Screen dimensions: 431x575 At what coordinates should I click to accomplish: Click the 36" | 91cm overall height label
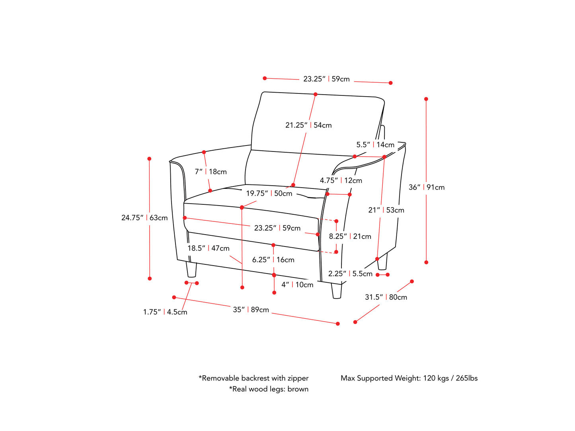tap(427, 187)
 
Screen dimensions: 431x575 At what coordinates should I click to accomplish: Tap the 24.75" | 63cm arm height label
tap(144, 218)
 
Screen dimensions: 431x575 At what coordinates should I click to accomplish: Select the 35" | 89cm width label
tap(251, 310)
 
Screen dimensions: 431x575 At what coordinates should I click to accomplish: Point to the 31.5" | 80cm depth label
tap(386, 297)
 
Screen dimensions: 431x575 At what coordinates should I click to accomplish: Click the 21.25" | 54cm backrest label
tap(308, 125)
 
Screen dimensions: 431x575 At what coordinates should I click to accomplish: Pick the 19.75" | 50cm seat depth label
tap(269, 194)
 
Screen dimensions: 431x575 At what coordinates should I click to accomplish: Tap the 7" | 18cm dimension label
tap(211, 172)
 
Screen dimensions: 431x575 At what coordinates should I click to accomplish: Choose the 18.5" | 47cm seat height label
tap(209, 248)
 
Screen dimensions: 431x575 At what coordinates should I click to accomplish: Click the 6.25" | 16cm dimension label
tap(273, 260)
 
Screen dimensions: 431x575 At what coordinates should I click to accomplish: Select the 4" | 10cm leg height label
tap(297, 285)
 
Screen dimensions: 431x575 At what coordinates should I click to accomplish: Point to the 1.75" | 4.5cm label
tap(165, 312)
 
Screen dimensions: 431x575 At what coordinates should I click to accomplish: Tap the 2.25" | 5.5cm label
tap(350, 274)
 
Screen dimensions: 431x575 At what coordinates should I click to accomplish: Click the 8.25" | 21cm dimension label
tap(350, 236)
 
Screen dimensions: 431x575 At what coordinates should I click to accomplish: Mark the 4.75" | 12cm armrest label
tap(341, 181)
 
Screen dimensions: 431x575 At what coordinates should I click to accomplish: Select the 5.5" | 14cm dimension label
tap(375, 145)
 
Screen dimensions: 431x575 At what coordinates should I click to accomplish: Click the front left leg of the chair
tap(191, 270)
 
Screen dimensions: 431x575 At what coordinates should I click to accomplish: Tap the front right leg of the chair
tap(336, 291)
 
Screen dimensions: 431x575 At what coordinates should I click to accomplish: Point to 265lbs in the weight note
tap(467, 378)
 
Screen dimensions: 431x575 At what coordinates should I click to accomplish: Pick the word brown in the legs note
tap(298, 389)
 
